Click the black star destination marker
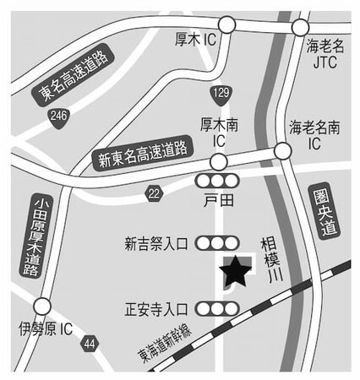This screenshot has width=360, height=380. click(x=236, y=272)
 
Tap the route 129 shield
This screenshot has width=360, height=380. click(x=221, y=95)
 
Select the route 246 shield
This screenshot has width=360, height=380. click(x=58, y=117)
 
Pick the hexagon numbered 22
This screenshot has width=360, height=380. click(x=154, y=193)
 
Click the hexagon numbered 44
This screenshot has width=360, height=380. click(x=90, y=344)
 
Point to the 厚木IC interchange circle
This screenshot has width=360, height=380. click(x=226, y=24)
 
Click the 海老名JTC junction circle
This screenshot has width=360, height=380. click(x=300, y=27)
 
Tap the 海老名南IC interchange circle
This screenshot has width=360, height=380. click(x=282, y=151)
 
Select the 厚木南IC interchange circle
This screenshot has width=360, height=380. click(x=219, y=162)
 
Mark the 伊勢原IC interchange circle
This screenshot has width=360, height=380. click(x=42, y=306)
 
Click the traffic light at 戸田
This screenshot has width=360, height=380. click(x=217, y=181)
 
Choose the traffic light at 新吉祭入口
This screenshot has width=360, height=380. click(x=217, y=243)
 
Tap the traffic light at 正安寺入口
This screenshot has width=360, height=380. click(x=217, y=309)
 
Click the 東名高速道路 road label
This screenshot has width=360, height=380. click(x=73, y=75)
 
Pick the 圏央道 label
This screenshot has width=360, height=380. click(x=325, y=213)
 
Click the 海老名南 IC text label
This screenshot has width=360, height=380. click(x=314, y=135)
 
